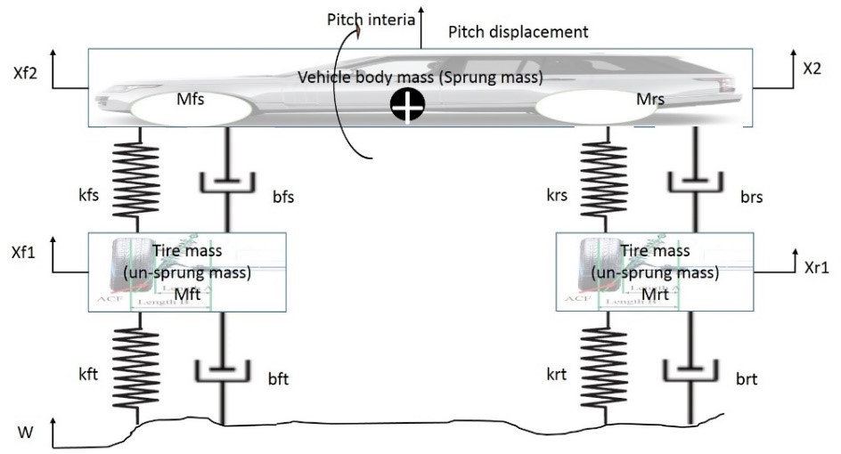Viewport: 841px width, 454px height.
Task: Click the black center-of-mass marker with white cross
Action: coord(407,107)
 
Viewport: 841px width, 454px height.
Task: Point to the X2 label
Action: coord(811,68)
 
